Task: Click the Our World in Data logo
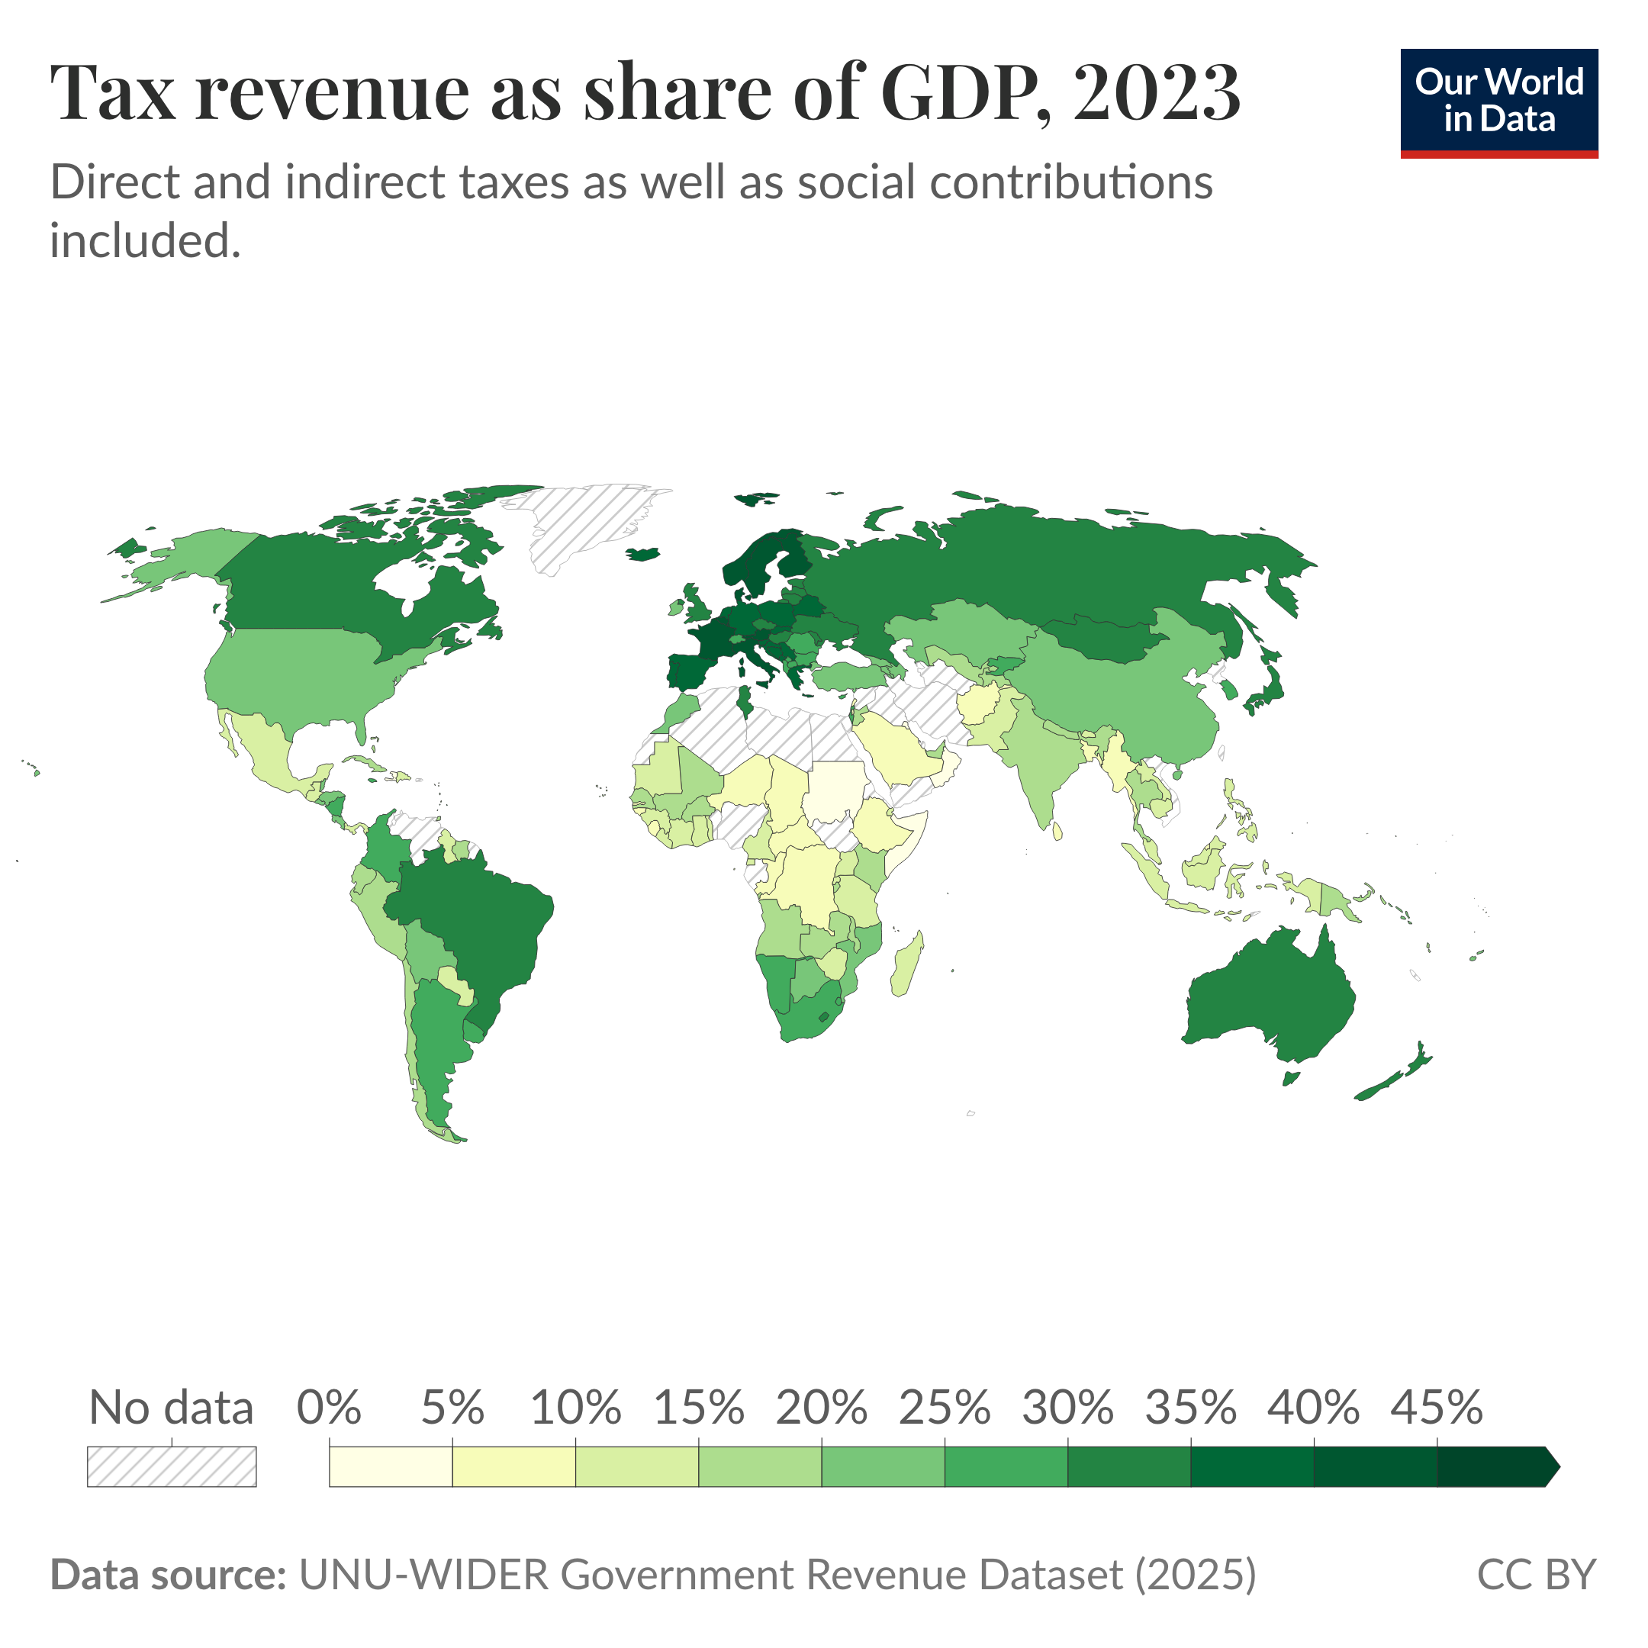pyautogui.click(x=1498, y=102)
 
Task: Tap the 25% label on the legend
pyautogui.click(x=944, y=1408)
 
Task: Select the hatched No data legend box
pyautogui.click(x=172, y=1466)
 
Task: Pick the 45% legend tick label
pyautogui.click(x=1437, y=1408)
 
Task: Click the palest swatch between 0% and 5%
pyautogui.click(x=390, y=1466)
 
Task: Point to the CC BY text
pyautogui.click(x=1535, y=1575)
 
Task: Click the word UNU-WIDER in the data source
pyautogui.click(x=423, y=1575)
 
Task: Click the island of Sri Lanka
pyautogui.click(x=1057, y=830)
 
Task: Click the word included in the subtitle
pyautogui.click(x=145, y=240)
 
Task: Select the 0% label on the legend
pyautogui.click(x=328, y=1408)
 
